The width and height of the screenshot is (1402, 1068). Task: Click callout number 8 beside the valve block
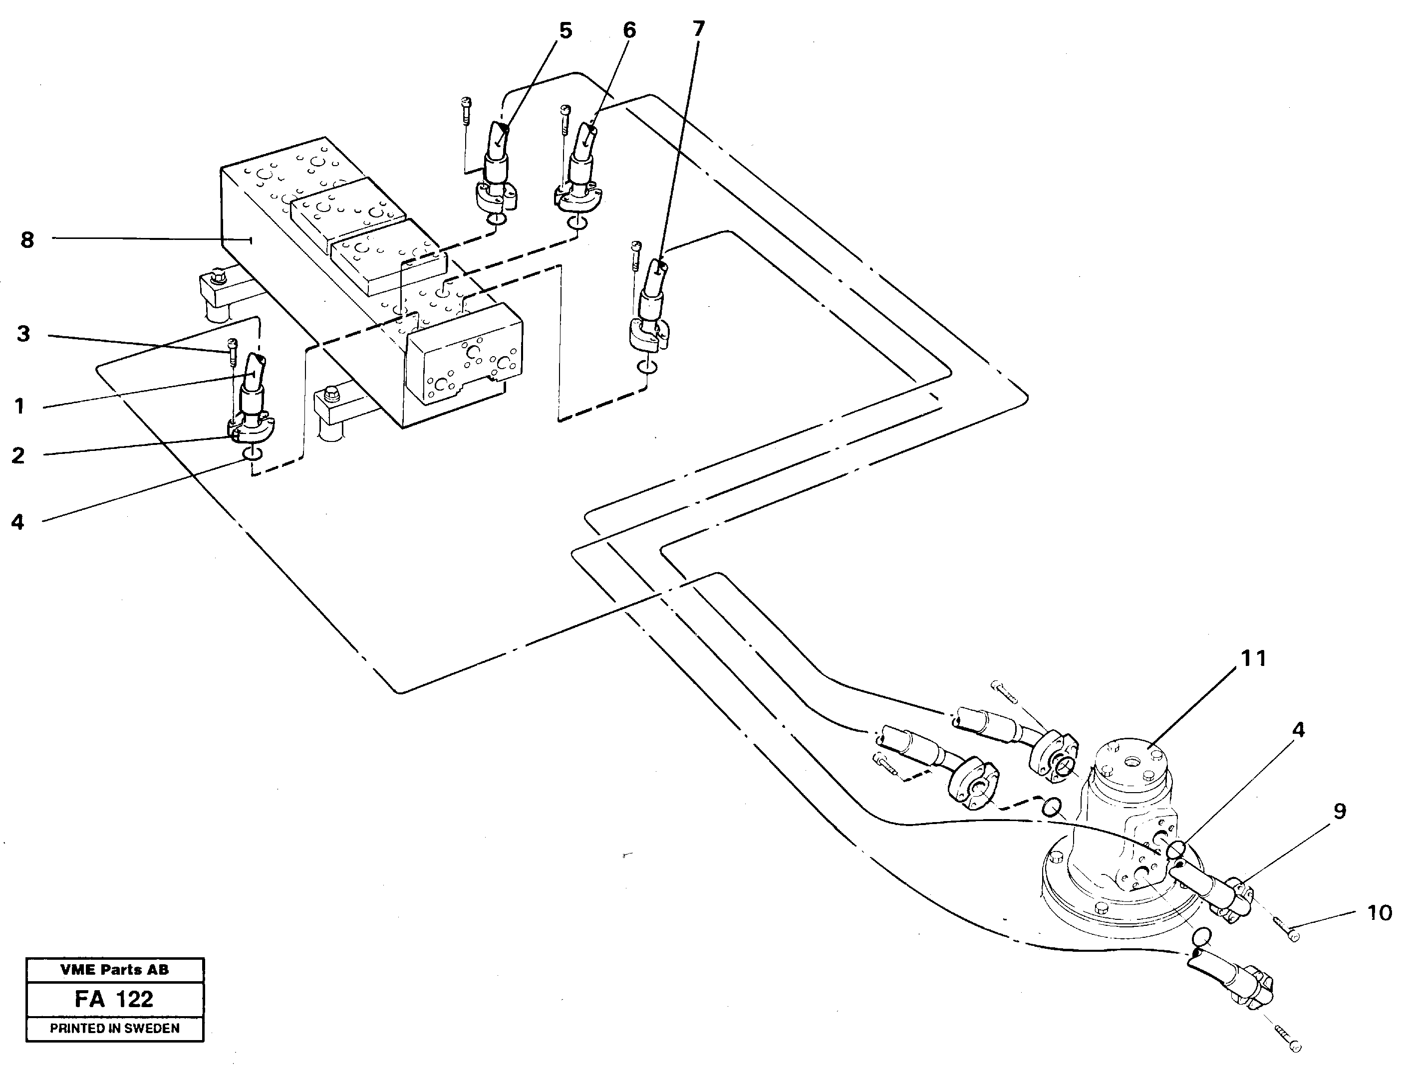click(27, 240)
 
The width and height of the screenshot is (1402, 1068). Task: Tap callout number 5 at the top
click(565, 30)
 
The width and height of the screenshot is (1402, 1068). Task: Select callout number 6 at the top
click(628, 30)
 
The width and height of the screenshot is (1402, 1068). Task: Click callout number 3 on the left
click(23, 334)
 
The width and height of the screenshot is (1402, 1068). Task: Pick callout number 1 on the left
click(20, 406)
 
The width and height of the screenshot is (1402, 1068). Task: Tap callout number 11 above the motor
click(1253, 658)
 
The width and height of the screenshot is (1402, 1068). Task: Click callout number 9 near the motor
click(1339, 811)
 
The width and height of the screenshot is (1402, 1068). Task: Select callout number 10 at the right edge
click(1379, 913)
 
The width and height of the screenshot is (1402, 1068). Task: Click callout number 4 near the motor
click(1298, 730)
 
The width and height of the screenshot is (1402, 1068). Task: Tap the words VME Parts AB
click(114, 970)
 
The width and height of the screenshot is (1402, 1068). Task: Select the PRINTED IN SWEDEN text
click(114, 1029)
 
